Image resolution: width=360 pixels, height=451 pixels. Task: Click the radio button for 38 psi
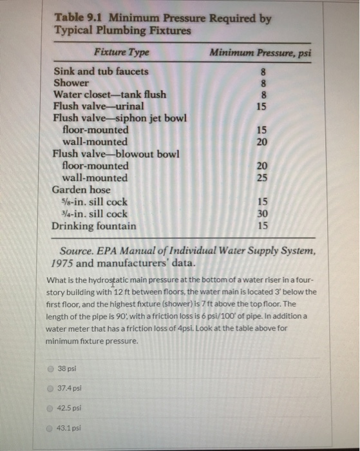[x=50, y=369]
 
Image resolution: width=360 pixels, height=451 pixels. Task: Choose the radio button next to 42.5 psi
[x=50, y=408]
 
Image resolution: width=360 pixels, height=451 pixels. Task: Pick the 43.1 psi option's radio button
[x=50, y=427]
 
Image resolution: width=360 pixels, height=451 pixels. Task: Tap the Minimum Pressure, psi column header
[x=261, y=53]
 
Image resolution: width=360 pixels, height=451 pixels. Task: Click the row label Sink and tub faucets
[x=100, y=72]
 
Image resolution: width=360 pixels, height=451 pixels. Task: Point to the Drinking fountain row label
[x=94, y=226]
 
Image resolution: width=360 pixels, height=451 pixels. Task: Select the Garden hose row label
[x=81, y=190]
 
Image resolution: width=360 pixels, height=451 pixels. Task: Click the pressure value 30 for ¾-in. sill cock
[x=262, y=214]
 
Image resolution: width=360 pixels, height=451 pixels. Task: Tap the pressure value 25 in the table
[x=262, y=178]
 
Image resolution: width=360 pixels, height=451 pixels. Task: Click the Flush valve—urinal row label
[x=99, y=106]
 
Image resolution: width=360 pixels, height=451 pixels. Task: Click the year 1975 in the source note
[x=62, y=263]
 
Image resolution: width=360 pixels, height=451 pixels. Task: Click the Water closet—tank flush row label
[x=109, y=95]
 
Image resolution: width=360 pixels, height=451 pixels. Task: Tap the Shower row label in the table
[x=71, y=83]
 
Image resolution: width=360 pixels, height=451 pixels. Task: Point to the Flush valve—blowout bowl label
[x=115, y=154]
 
